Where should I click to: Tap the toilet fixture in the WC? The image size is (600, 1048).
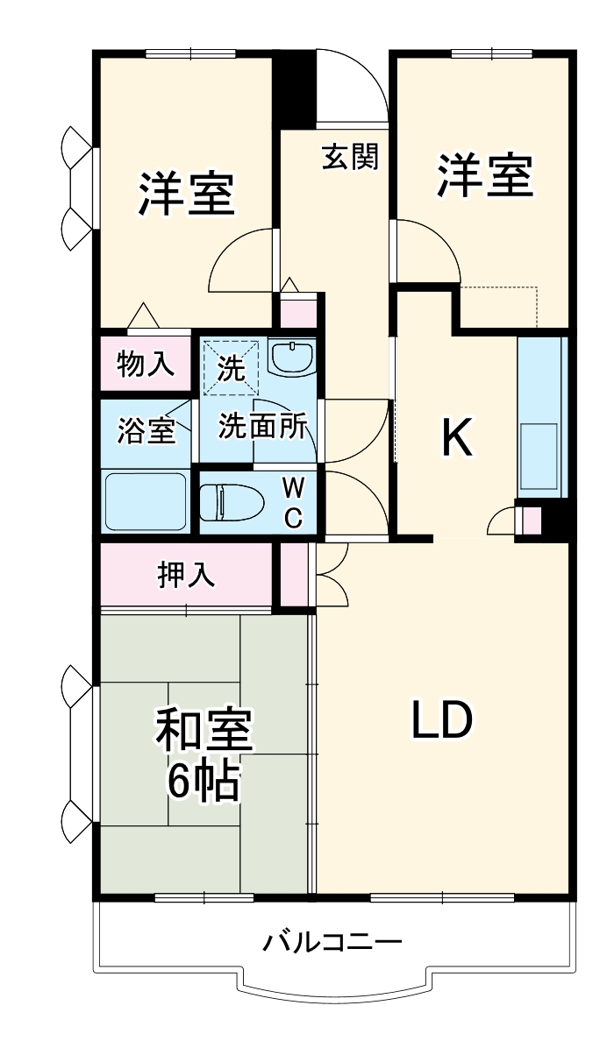click(x=232, y=503)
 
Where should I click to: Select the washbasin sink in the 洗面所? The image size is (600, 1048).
click(x=291, y=358)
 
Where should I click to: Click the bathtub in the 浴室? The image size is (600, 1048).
click(x=146, y=501)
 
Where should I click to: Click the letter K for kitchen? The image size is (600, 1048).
click(x=456, y=438)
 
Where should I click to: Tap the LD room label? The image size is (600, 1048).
click(x=443, y=720)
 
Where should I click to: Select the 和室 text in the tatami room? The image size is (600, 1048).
click(x=204, y=730)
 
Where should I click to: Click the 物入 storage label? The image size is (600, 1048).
click(x=145, y=364)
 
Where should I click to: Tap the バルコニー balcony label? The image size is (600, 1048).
click(x=333, y=943)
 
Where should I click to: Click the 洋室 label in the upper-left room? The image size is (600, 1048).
click(x=186, y=195)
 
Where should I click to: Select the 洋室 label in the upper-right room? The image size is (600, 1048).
click(x=485, y=175)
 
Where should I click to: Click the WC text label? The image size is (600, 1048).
click(x=293, y=502)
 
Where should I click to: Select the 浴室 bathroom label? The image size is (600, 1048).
click(x=146, y=431)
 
